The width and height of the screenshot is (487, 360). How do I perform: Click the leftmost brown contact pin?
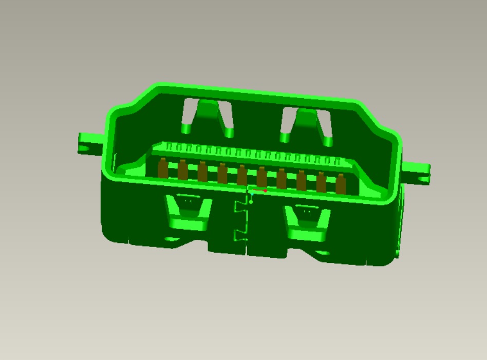coord(163,169)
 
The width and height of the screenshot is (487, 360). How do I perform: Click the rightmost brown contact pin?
coord(341,183)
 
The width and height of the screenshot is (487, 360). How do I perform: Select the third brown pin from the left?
coord(202,172)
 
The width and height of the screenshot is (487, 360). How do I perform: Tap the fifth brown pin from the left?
coord(242,175)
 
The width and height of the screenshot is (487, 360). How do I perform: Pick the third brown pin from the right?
coord(302,180)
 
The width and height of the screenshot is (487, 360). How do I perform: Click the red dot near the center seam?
coord(265,191)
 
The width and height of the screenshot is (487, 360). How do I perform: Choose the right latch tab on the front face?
coord(307,223)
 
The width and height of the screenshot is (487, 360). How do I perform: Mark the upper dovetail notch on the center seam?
coord(240,206)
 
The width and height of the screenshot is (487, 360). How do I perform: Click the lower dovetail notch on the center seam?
coord(240,236)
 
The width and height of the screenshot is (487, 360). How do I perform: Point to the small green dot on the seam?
coord(251,202)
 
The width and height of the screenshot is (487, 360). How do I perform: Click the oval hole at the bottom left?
coord(170,240)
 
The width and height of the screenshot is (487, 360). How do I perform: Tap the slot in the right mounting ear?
coord(422,179)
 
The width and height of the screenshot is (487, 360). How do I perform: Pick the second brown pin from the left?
coord(182,170)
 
